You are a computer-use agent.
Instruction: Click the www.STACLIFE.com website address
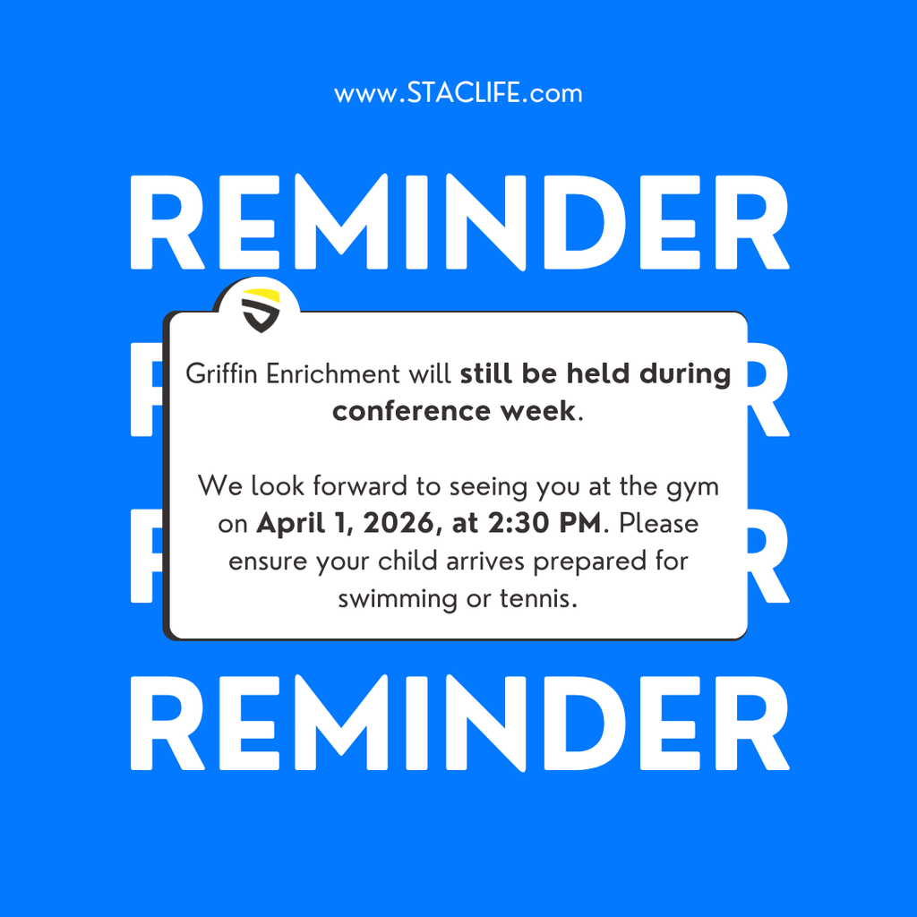(458, 93)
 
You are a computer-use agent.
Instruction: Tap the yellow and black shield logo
(261, 310)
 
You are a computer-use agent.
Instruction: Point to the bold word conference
(402, 411)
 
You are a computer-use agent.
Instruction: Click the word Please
(658, 523)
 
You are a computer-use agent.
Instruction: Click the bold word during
(685, 373)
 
